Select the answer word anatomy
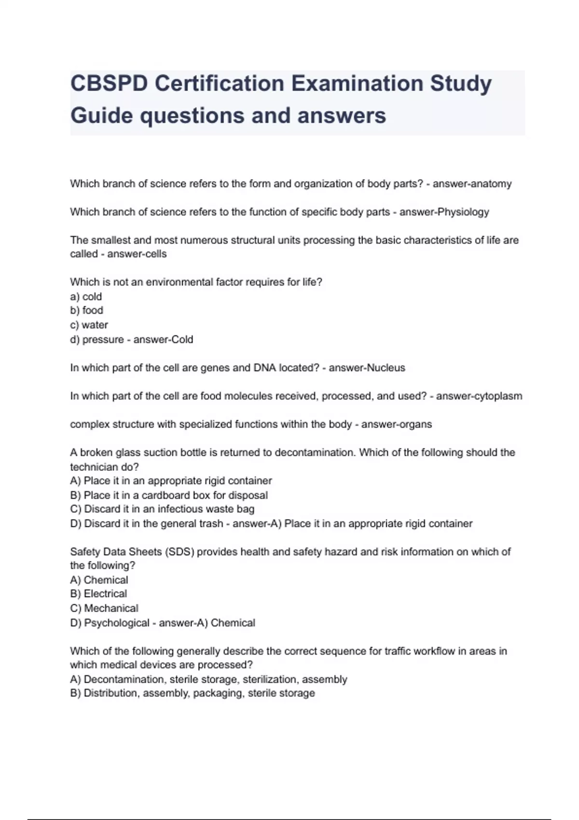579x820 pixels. coord(492,184)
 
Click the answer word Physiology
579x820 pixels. coord(463,212)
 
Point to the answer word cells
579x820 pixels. coord(152,254)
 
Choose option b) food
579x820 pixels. coord(87,310)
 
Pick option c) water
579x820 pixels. coord(89,325)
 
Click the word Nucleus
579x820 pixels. coord(386,368)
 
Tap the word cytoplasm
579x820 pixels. coord(499,396)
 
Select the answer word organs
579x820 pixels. coord(416,424)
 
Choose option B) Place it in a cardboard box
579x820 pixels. coord(169,495)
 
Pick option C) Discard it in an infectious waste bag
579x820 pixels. coord(162,509)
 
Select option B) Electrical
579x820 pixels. coord(99,594)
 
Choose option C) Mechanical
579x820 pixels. coord(104,608)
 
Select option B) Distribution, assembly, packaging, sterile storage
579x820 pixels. coord(193,693)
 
